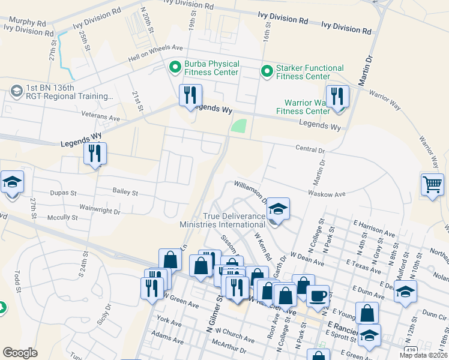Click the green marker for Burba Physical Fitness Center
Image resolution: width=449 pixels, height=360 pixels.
tap(175, 67)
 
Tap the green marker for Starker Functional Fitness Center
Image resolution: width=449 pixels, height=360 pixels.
tap(267, 71)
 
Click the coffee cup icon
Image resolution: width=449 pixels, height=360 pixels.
tap(318, 295)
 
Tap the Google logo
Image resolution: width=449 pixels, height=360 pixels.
tap(20, 352)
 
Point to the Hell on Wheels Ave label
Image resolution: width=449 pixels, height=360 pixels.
tap(155, 54)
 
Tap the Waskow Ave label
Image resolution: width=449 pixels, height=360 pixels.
tap(327, 194)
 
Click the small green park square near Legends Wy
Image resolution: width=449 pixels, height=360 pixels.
tap(239, 126)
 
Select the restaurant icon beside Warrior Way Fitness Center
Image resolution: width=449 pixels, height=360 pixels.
tap(337, 97)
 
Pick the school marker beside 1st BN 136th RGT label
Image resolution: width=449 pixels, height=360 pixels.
tap(16, 91)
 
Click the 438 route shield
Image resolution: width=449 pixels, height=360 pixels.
tap(411, 350)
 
